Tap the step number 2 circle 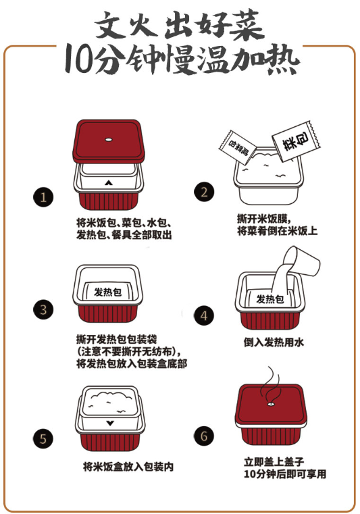coord(204,192)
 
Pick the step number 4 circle coord(204,315)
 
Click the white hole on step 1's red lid coord(108,139)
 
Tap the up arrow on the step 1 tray coord(108,182)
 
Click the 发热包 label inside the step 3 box coord(107,292)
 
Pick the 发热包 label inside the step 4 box coord(269,299)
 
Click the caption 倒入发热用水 coord(274,342)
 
